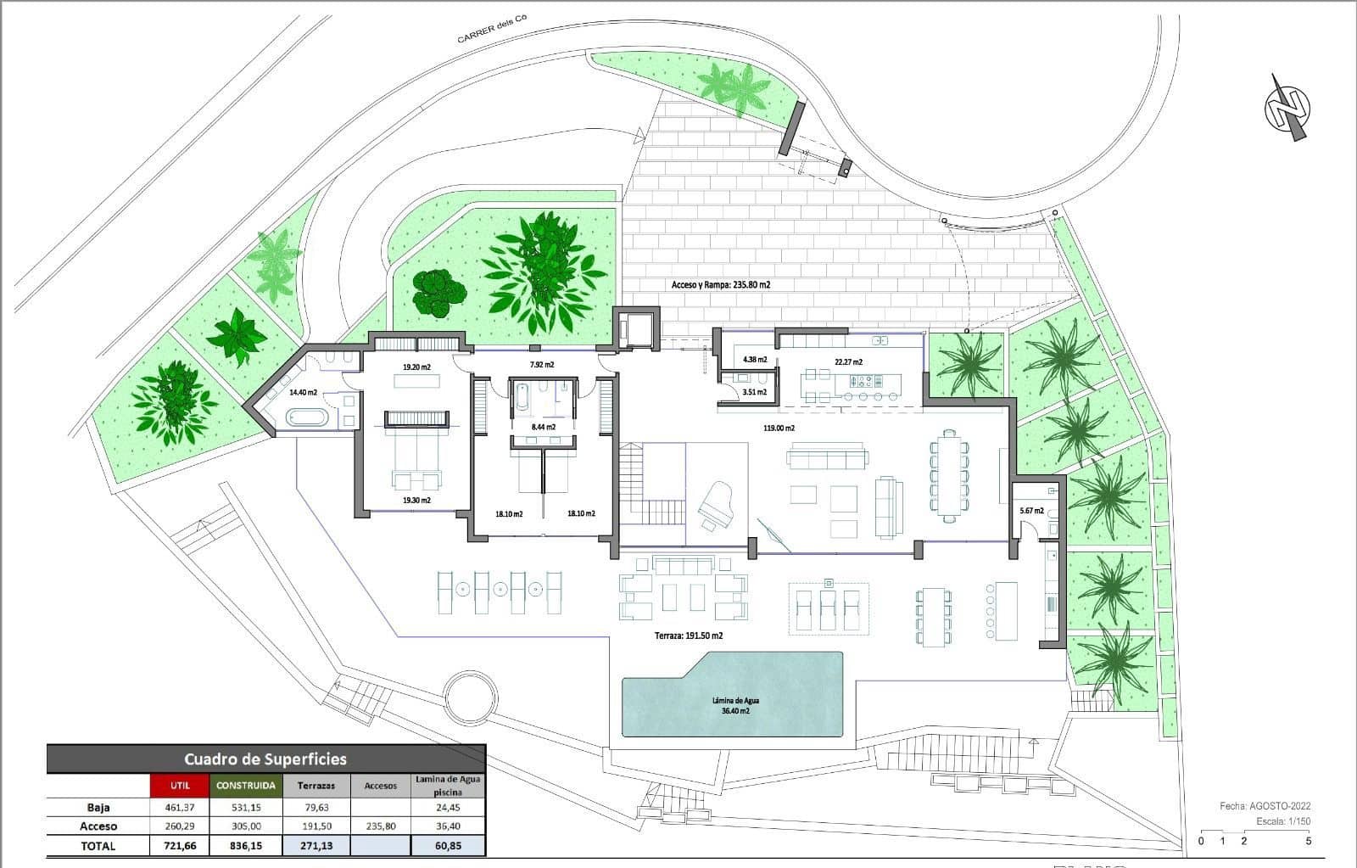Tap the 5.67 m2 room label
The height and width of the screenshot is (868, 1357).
(x=1031, y=511)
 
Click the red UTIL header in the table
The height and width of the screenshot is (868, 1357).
(x=180, y=786)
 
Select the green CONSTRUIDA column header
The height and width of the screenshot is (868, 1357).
(x=245, y=786)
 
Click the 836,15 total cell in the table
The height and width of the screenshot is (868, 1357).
(x=245, y=846)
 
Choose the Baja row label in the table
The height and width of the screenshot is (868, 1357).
(x=98, y=808)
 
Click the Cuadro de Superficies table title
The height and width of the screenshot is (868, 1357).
(x=265, y=759)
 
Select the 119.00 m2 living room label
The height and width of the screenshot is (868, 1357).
(x=779, y=428)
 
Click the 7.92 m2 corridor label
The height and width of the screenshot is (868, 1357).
(x=542, y=365)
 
